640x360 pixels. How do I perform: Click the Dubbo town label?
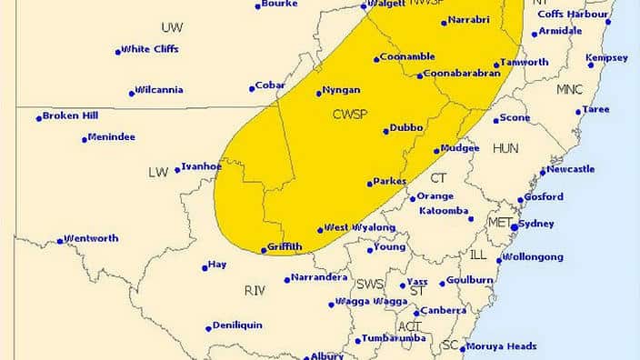click(407, 128)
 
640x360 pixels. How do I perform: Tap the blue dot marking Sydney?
click(515, 227)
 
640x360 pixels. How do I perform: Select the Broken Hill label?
click(70, 116)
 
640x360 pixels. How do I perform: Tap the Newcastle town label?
click(572, 169)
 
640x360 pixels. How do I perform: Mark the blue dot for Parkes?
click(370, 184)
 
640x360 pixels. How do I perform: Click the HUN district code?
click(505, 148)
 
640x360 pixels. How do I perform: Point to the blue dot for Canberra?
click(416, 313)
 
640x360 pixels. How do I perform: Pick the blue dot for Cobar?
click(252, 89)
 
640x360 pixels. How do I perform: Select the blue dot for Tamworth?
click(496, 65)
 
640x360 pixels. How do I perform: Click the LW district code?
click(158, 172)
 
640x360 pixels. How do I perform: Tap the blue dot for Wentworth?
click(60, 241)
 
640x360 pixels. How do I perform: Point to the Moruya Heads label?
click(502, 346)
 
